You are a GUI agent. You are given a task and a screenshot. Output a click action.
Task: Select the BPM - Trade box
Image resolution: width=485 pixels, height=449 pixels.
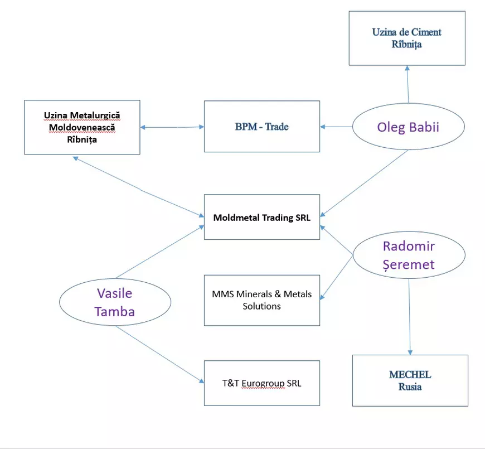(x=261, y=127)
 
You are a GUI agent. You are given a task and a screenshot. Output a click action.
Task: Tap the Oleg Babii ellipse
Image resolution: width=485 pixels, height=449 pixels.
(x=409, y=127)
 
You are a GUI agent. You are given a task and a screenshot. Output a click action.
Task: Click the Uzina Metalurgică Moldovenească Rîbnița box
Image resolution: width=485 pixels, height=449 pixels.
(x=82, y=128)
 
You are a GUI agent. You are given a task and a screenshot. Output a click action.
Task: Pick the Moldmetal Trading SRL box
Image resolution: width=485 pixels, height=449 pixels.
(x=261, y=218)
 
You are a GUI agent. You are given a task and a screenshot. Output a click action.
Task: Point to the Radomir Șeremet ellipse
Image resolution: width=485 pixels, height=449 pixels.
(x=409, y=255)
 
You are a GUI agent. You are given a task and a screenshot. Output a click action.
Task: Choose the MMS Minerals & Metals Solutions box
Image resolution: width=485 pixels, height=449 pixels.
(x=261, y=300)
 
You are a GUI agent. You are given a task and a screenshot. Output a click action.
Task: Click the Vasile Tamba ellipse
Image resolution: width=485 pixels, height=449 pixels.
(x=114, y=302)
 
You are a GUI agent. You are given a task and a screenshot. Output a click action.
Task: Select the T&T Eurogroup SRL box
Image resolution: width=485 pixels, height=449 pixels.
(x=261, y=383)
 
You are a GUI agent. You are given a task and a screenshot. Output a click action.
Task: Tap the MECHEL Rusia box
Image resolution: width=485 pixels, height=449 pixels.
(x=410, y=380)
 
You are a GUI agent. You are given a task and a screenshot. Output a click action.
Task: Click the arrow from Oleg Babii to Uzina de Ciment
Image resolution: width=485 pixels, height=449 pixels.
(x=408, y=84)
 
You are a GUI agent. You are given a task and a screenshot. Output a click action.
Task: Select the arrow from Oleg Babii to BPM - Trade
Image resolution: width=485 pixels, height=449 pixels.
(x=336, y=127)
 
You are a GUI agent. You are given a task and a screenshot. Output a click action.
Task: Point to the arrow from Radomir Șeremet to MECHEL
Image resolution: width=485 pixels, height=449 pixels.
(x=410, y=318)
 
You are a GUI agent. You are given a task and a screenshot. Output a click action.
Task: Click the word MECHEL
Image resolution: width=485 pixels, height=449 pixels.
(x=410, y=374)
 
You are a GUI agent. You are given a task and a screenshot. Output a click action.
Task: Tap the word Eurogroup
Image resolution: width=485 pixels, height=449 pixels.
(x=263, y=383)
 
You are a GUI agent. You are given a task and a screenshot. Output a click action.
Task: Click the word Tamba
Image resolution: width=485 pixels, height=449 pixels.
(x=114, y=311)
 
